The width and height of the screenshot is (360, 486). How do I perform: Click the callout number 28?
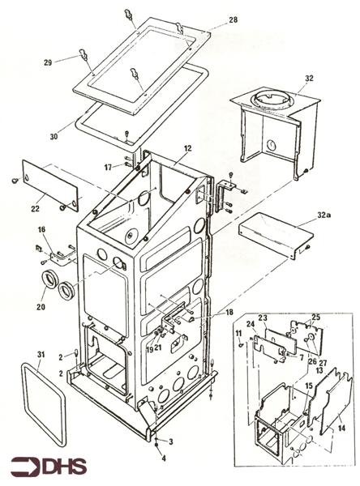tap(233, 19)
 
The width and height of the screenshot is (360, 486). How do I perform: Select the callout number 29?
tap(48, 62)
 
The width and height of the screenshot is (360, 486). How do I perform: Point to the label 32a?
tap(324, 215)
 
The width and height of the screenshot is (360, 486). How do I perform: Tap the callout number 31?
tap(41, 354)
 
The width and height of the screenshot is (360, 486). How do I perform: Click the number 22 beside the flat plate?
tap(35, 209)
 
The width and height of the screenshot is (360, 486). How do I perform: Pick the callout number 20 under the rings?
tap(41, 307)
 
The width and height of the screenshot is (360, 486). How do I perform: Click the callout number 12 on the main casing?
tap(187, 149)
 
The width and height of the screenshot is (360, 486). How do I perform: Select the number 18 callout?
tap(229, 312)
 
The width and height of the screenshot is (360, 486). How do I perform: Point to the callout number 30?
tap(54, 136)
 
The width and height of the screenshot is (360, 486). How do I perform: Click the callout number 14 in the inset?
tap(341, 428)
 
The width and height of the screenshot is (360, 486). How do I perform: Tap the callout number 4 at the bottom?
tap(164, 458)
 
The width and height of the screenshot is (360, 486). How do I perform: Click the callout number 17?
tap(108, 168)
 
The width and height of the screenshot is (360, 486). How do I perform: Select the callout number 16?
tap(41, 230)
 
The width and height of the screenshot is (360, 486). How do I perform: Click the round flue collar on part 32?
tap(272, 99)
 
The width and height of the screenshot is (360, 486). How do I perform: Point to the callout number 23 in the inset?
tap(263, 318)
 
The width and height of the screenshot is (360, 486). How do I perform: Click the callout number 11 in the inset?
tap(238, 334)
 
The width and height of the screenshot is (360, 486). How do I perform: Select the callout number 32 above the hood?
tap(309, 78)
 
